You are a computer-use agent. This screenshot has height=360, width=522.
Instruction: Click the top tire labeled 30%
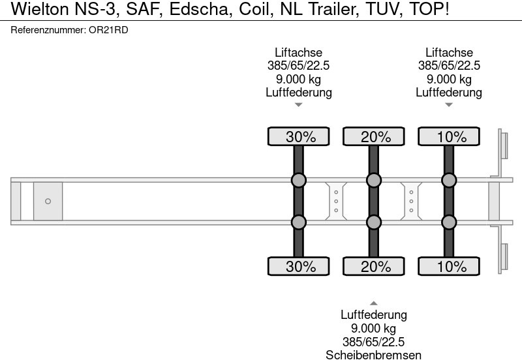click(299, 136)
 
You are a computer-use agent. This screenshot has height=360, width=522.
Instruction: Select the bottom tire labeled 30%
click(299, 266)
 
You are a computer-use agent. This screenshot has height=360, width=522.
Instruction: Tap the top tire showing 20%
click(374, 136)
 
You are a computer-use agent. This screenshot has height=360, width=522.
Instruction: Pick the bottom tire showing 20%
click(374, 266)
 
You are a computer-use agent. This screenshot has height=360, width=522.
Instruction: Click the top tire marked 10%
click(449, 136)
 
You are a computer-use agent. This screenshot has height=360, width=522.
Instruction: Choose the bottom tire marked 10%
click(449, 266)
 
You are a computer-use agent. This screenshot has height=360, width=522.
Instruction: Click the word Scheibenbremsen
click(373, 355)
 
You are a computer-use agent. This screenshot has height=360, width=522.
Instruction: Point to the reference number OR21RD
click(108, 30)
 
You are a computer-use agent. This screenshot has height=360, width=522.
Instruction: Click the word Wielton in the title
click(40, 9)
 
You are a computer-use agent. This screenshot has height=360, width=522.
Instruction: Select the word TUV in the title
click(384, 9)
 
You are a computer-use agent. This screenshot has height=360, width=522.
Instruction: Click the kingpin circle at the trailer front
click(48, 202)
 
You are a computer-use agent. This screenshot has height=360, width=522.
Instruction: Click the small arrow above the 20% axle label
click(374, 303)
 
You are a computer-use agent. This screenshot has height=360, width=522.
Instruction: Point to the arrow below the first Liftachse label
click(299, 105)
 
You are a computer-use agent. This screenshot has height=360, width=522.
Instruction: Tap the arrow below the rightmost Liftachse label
click(449, 105)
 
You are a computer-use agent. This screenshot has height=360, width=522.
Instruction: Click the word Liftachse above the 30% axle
click(299, 53)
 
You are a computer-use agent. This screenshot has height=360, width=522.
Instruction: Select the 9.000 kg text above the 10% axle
click(449, 79)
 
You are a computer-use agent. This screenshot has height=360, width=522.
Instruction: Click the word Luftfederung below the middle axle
click(373, 315)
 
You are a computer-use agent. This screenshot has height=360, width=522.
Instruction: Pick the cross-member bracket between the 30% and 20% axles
click(336, 202)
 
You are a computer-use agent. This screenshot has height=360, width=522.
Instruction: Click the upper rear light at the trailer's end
click(503, 145)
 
